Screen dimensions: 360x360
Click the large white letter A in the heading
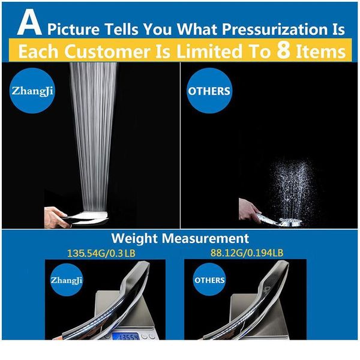28,25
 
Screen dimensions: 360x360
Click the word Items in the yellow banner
322,52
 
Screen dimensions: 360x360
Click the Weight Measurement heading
180,238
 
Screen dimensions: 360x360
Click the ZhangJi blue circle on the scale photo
67,280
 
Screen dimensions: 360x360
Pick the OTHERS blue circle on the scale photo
209,280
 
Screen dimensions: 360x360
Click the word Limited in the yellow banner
202,52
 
